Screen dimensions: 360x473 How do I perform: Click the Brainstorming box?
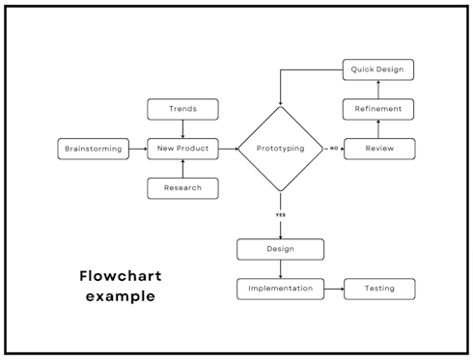(93, 149)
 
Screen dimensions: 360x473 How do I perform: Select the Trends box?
(182, 109)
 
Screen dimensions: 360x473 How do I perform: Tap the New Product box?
(182, 149)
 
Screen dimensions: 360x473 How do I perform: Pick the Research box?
(182, 188)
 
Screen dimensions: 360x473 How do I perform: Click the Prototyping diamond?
(280, 149)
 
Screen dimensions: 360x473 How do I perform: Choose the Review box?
(379, 149)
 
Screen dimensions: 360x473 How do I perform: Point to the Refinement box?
(379, 109)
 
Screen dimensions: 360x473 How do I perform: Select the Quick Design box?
(379, 69)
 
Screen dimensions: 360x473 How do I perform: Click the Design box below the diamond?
(280, 249)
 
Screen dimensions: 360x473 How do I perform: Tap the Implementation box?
(280, 289)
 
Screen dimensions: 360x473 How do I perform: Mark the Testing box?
(379, 289)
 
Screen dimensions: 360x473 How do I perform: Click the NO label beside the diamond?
(334, 149)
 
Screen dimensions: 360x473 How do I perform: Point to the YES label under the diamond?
(281, 214)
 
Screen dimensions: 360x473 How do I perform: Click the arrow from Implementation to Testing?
(334, 289)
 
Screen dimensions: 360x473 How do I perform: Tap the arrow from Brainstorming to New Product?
(137, 149)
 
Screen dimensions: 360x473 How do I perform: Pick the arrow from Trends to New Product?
(182, 128)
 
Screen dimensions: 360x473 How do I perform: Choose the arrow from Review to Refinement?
(379, 129)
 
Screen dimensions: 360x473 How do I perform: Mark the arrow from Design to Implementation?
(280, 269)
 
